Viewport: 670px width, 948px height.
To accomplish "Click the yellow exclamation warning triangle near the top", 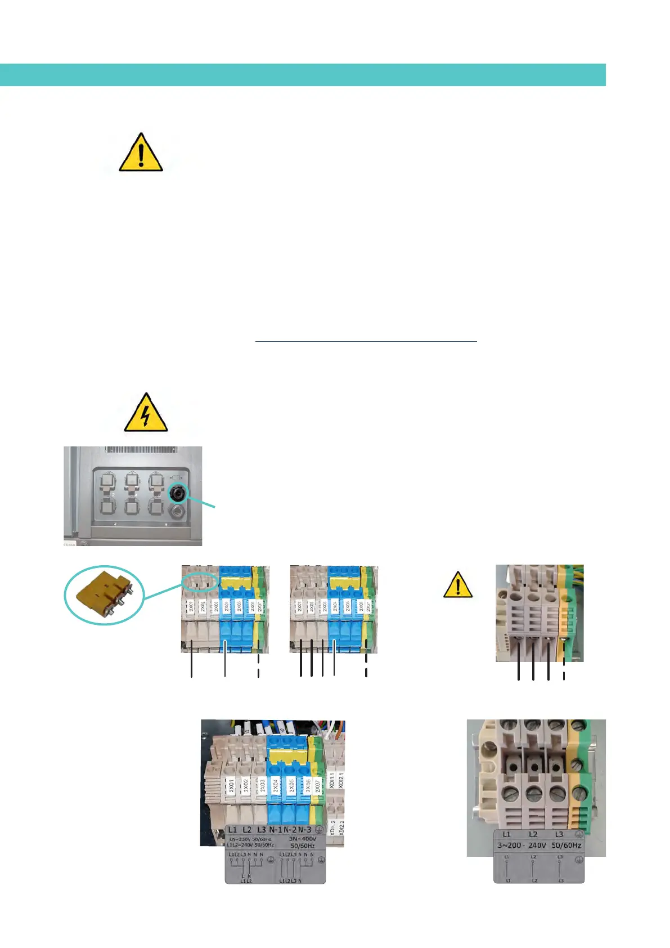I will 141,153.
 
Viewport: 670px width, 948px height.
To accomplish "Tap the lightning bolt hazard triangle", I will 146,414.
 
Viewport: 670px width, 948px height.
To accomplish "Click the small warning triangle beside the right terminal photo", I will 457,585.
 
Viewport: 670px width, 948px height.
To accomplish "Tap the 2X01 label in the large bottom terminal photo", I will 231,785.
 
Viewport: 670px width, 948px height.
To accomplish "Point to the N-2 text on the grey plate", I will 290,830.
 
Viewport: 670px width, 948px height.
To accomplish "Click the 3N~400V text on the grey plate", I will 303,838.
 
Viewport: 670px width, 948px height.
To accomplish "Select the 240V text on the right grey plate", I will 537,845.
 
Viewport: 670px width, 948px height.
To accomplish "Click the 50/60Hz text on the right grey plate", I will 566,845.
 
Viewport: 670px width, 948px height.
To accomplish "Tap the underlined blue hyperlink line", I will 366,341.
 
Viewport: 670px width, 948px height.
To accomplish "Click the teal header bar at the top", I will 303,75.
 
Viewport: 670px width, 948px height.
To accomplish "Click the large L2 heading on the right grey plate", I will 533,834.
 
